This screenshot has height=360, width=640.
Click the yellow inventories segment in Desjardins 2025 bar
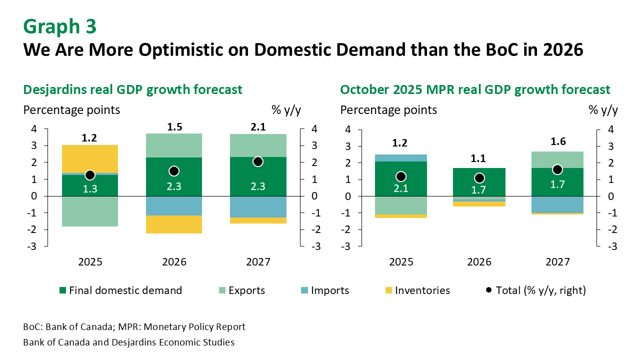pyautogui.click(x=90, y=158)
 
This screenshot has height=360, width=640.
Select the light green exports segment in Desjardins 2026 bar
pyautogui.click(x=174, y=145)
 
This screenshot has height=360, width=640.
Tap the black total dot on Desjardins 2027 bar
pyautogui.click(x=258, y=161)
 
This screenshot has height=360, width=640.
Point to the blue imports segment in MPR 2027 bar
pyautogui.click(x=557, y=204)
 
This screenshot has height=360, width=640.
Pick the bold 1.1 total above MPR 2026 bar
pyautogui.click(x=479, y=159)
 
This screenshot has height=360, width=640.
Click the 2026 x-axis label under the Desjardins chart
pyautogui.click(x=174, y=262)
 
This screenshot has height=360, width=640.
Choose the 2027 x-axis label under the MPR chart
pyautogui.click(x=557, y=262)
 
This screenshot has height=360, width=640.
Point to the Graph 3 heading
pyautogui.click(x=60, y=27)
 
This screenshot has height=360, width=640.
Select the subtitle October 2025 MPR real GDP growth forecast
pyautogui.click(x=475, y=89)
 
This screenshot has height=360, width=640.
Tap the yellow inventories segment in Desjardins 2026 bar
pyautogui.click(x=174, y=224)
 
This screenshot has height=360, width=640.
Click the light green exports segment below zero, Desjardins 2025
pyautogui.click(x=90, y=211)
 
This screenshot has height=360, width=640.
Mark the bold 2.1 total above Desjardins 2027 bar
pyautogui.click(x=258, y=128)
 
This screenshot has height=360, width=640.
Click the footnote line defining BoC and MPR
pyautogui.click(x=134, y=327)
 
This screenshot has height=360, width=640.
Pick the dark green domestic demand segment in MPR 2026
pyautogui.click(x=479, y=182)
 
